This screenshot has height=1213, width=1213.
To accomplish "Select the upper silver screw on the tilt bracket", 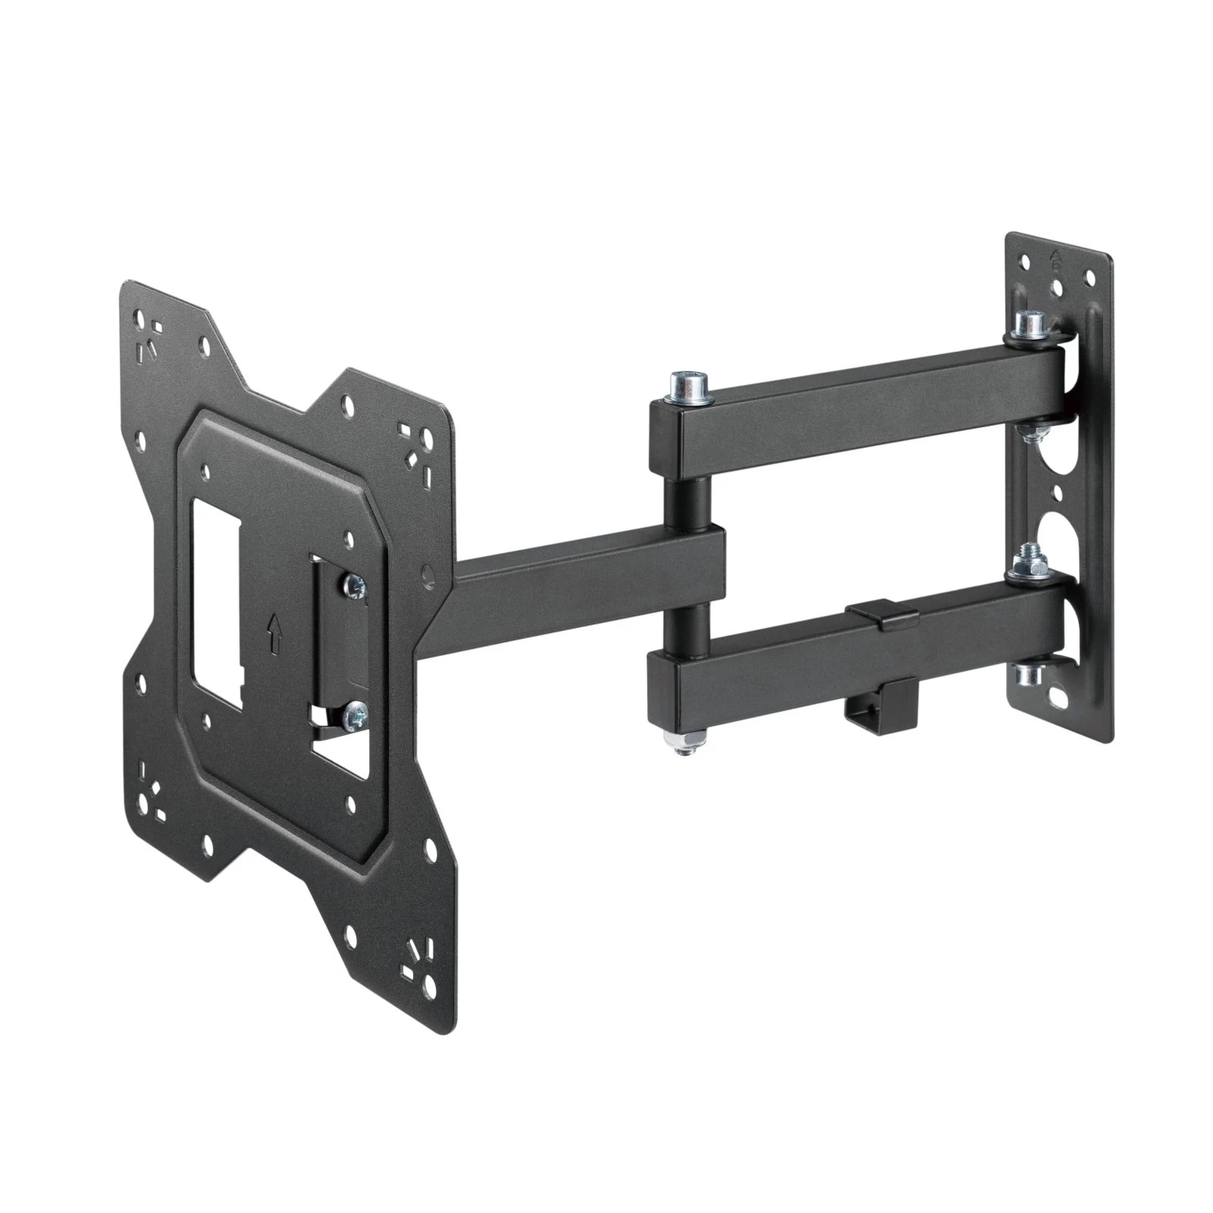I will coord(355,584).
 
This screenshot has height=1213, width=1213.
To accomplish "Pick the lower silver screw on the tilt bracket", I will coord(354,712).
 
